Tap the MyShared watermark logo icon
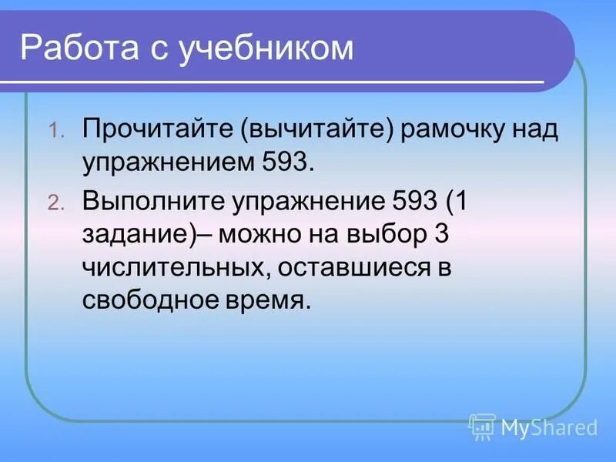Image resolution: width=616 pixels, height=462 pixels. click(482, 426)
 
